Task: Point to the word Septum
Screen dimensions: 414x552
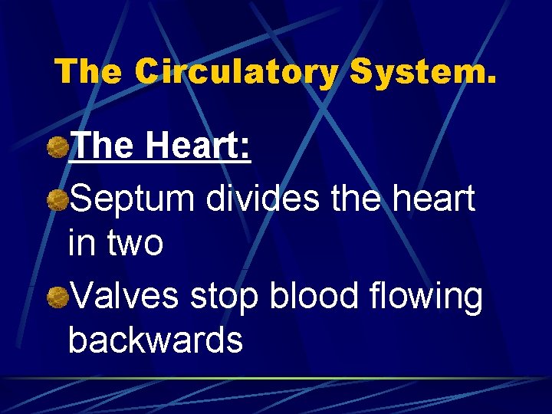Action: coord(134,199)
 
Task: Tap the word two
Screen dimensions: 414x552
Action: coord(135,244)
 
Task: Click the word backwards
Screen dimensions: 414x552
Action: coord(156,340)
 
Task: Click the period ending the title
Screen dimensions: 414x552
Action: coord(490,81)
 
